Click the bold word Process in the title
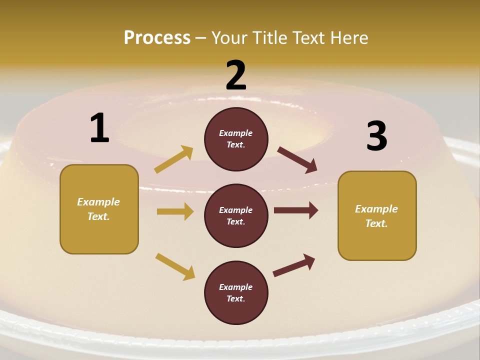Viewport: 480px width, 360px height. (157, 37)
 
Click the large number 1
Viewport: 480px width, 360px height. (99, 128)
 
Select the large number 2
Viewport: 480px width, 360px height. (236, 75)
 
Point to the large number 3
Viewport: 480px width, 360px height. (376, 136)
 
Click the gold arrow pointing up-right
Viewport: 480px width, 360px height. (174, 159)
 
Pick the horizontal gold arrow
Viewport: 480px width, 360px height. (175, 211)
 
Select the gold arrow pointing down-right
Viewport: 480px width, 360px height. (175, 266)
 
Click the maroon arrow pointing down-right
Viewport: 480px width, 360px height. (297, 160)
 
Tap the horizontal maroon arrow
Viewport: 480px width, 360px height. (296, 210)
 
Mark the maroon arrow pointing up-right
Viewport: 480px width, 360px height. (294, 265)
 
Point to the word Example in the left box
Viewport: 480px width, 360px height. (98, 202)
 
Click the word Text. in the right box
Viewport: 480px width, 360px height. (376, 223)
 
